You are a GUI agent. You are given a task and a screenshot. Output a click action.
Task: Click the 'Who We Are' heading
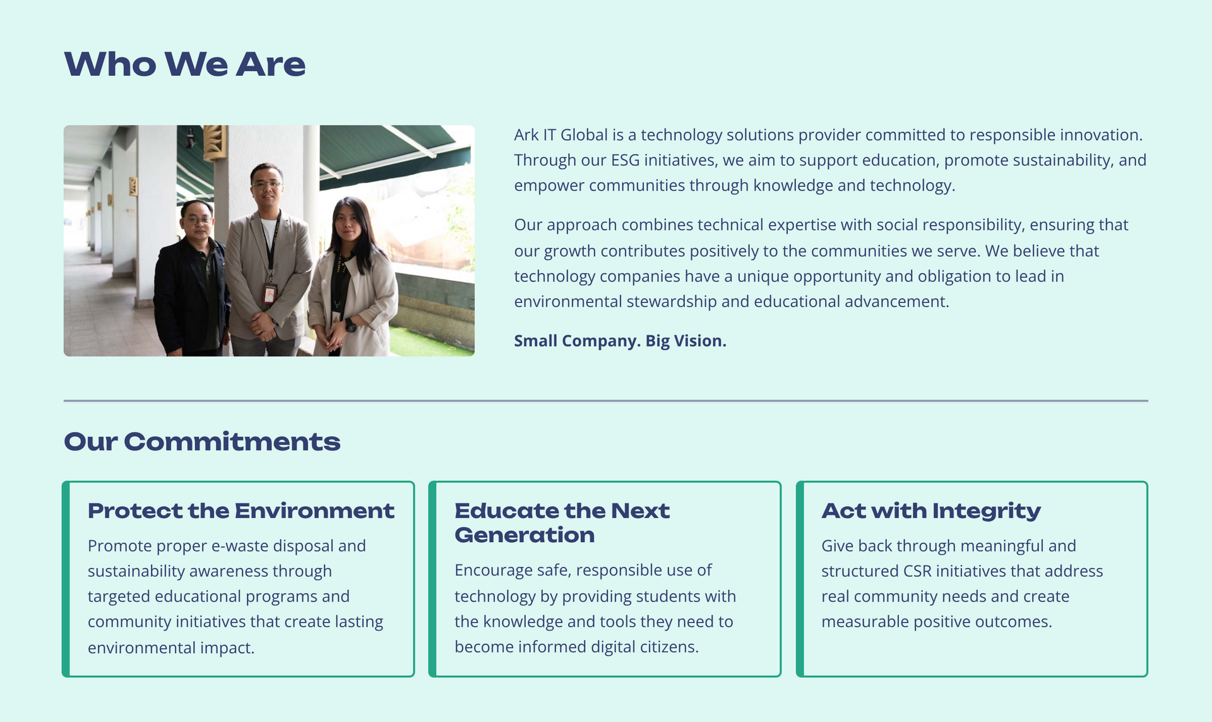point(185,64)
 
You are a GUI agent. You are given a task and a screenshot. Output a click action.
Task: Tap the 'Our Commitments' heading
point(202,442)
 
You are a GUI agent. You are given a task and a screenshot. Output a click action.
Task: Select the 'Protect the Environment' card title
point(241,511)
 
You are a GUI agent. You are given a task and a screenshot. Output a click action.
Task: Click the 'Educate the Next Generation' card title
point(562,523)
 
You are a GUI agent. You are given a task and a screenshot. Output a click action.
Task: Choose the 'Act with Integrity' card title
point(931,511)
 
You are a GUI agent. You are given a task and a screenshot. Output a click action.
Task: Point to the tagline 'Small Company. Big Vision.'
point(620,341)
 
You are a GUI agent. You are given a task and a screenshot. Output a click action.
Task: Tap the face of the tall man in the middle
point(266,185)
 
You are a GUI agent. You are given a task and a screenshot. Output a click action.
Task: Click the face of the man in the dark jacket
point(197,221)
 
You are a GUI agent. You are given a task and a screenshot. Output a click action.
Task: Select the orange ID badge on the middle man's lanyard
point(270,293)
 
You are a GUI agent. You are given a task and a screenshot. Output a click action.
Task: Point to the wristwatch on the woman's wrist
point(350,325)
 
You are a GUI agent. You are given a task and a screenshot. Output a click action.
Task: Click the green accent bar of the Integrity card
point(800,579)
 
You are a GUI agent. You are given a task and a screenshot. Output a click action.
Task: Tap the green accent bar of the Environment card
point(66,579)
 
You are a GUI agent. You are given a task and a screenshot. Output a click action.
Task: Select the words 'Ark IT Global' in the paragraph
point(561,135)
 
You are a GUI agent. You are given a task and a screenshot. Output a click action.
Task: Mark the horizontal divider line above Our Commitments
point(606,401)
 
